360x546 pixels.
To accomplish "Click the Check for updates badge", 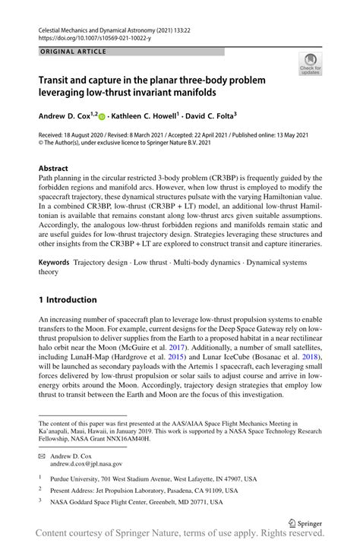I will click(309, 64).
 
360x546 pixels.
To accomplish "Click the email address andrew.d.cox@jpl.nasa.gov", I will click(86, 462).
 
